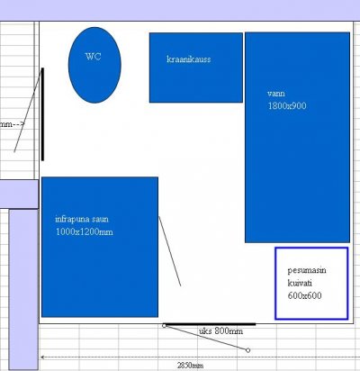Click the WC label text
(x=93, y=57)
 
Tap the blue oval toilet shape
(x=94, y=65)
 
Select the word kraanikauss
(x=189, y=59)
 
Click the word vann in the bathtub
(x=276, y=94)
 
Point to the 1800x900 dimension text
(x=287, y=105)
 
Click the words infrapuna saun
(x=82, y=219)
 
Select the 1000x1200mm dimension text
(x=85, y=231)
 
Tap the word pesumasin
(x=307, y=270)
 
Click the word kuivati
(x=300, y=283)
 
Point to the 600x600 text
(x=304, y=295)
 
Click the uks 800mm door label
(x=220, y=331)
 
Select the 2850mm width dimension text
(x=190, y=366)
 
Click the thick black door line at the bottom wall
(x=210, y=324)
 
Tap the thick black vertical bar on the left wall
(x=42, y=114)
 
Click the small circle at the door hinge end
(x=164, y=326)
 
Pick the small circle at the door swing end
(x=247, y=350)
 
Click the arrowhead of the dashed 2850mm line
(x=42, y=357)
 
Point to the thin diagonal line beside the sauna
(x=170, y=251)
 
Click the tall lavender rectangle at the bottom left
(x=23, y=289)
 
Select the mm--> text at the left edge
(x=12, y=124)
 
